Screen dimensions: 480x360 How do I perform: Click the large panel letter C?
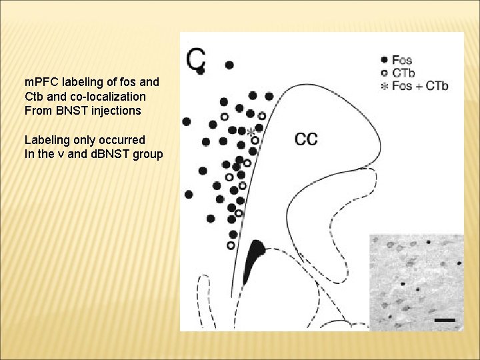tap(196, 59)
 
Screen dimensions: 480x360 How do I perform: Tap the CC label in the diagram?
tap(306, 139)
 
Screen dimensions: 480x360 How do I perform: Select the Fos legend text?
tap(402, 60)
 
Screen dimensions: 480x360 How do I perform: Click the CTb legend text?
tap(403, 73)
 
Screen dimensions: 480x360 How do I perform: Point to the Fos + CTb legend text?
tap(420, 85)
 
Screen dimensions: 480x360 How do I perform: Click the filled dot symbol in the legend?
tap(384, 60)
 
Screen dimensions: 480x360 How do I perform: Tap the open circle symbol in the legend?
tap(384, 73)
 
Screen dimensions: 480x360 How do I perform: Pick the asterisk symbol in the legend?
tap(384, 86)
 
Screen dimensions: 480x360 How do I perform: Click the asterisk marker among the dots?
tap(251, 133)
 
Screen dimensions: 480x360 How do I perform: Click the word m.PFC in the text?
tap(41, 83)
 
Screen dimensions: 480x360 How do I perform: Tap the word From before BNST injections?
tap(37, 111)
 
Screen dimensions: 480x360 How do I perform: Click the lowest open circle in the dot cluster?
tap(231, 245)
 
